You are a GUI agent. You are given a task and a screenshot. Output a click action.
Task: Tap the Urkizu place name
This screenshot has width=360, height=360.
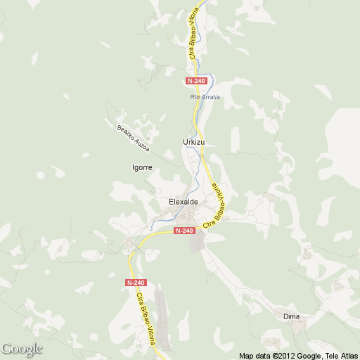pyautogui.click(x=193, y=142)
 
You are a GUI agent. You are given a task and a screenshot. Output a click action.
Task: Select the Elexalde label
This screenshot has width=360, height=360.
pyautogui.click(x=184, y=202)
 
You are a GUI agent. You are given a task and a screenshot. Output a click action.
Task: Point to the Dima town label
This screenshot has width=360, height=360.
pyautogui.click(x=291, y=316)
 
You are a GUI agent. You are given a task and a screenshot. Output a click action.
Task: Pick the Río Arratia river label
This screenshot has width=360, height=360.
pyautogui.click(x=205, y=96)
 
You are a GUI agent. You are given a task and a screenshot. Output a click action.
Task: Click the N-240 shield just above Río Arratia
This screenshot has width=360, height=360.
pyautogui.click(x=198, y=81)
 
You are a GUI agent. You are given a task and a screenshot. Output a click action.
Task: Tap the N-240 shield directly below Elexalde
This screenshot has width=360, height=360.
pyautogui.click(x=184, y=231)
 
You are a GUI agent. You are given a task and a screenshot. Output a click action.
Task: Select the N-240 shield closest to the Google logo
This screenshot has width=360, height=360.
pyautogui.click(x=136, y=283)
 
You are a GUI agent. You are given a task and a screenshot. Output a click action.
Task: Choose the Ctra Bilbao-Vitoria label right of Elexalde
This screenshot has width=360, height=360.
pyautogui.click(x=216, y=206)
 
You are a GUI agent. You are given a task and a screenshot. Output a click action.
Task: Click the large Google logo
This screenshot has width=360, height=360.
pyautogui.click(x=22, y=349)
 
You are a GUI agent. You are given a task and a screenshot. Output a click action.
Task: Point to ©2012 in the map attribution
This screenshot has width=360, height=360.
pyautogui.click(x=285, y=356)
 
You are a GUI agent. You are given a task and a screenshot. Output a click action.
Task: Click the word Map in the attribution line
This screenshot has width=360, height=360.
pyautogui.click(x=247, y=356)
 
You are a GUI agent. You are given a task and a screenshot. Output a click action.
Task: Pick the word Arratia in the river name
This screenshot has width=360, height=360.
pyautogui.click(x=210, y=96)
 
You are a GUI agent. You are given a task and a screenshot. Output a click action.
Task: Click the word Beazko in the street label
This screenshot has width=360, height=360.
pyautogui.click(x=124, y=133)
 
